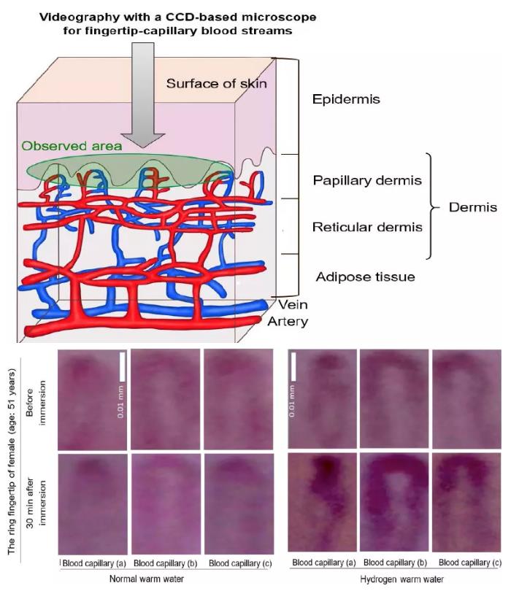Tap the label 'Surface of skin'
tap(216, 83)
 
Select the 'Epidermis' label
tap(345, 99)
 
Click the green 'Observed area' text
tap(72, 146)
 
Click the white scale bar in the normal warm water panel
tap(123, 368)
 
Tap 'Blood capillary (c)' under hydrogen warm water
tap(469, 563)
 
